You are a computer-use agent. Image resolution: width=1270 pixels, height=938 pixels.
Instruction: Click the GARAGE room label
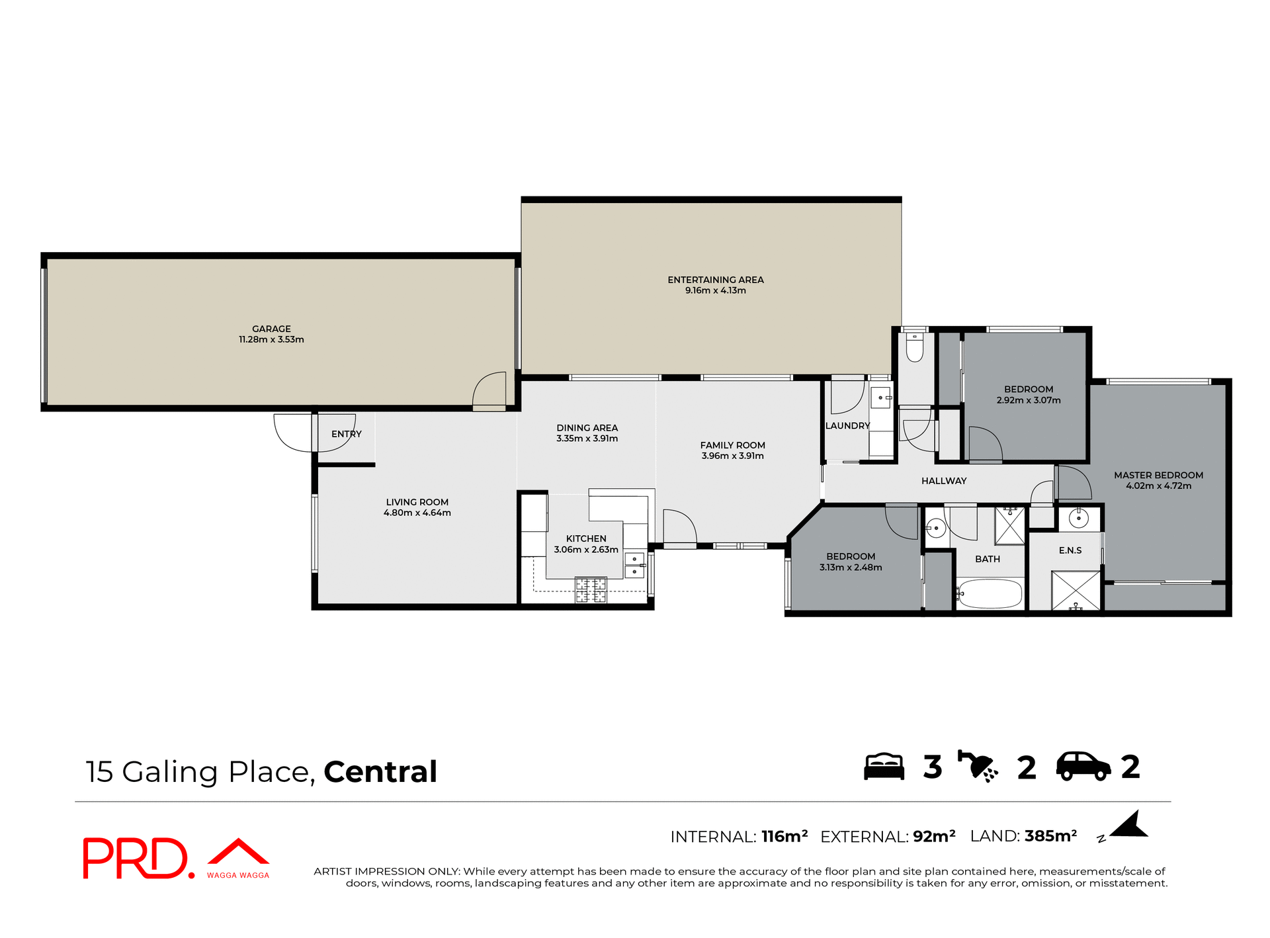[x=271, y=329]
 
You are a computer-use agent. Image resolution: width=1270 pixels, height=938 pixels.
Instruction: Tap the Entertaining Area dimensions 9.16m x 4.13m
[x=715, y=290]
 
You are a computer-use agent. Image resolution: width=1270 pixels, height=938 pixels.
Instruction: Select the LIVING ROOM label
[x=417, y=502]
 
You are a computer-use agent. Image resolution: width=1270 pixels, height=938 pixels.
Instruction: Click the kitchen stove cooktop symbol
[x=591, y=589]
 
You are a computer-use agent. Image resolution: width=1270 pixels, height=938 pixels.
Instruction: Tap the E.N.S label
[x=1070, y=550]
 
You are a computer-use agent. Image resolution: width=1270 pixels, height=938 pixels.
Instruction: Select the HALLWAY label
[x=943, y=481]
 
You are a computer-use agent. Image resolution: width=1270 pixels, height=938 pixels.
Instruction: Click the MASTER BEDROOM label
[x=1158, y=475]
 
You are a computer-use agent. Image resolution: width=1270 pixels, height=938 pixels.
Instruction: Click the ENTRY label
[x=346, y=434]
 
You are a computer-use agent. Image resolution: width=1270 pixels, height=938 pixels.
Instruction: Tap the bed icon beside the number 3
[x=884, y=767]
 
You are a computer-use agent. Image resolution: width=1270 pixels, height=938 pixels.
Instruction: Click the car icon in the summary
[x=1083, y=767]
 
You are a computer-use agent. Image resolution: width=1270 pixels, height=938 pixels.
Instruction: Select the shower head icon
[x=978, y=767]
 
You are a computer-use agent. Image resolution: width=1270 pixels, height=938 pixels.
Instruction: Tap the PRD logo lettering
[x=136, y=858]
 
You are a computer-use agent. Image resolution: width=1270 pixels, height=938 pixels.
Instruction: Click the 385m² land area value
[x=1050, y=836]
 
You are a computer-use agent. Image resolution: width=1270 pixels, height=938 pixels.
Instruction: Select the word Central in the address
[x=380, y=772]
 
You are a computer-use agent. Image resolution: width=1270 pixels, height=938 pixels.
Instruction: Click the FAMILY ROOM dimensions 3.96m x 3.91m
[x=732, y=456]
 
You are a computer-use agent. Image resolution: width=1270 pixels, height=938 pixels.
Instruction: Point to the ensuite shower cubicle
[x=1076, y=590]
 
